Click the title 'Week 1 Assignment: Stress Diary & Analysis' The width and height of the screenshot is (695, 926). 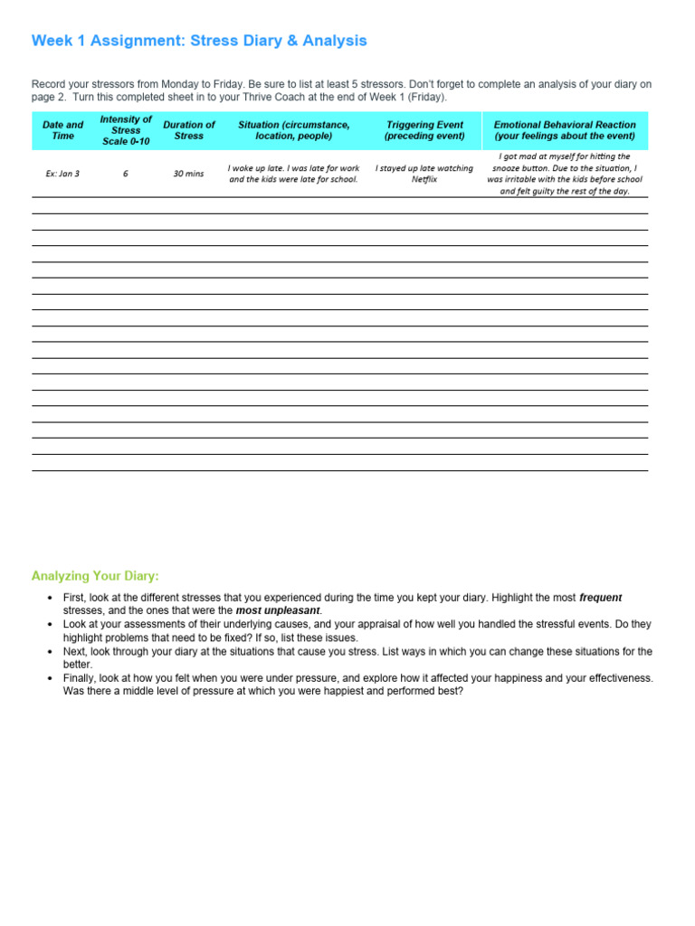pos(199,41)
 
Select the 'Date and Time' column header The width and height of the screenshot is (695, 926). pos(62,130)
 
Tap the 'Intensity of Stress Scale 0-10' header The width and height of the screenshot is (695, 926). pos(126,130)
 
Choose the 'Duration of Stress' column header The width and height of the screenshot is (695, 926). pos(189,130)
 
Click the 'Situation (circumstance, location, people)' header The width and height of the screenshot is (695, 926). pos(293,130)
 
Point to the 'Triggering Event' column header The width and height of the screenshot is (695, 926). pos(424,130)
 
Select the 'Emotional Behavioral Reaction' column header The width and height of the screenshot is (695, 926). pos(565,130)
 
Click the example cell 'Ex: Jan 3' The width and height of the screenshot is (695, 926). pos(62,174)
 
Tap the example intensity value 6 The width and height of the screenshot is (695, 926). pos(126,174)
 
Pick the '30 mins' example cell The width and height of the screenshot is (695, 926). pos(189,174)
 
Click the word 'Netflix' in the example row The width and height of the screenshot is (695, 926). pos(424,180)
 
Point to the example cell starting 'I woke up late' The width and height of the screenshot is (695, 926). pos(293,174)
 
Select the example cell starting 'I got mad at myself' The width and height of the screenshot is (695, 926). pos(565,174)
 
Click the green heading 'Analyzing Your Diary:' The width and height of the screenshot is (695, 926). pos(95,576)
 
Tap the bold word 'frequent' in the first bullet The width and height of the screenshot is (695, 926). pos(600,598)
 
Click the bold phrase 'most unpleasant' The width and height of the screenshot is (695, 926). pos(278,610)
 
